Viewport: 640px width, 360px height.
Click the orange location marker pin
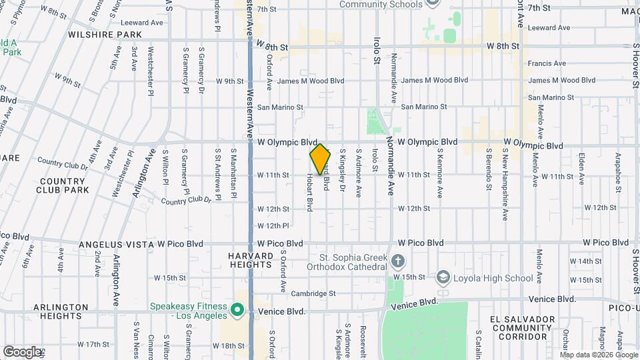point(320,159)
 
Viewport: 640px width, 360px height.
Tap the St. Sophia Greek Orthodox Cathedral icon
point(398,260)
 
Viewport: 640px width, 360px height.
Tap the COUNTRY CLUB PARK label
point(64,185)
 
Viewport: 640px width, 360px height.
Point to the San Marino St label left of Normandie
point(280,107)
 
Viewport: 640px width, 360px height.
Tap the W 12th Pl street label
point(273,226)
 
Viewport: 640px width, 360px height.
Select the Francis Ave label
point(547,64)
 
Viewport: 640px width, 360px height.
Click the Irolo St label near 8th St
point(377,50)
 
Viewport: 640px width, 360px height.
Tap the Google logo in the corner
point(21,351)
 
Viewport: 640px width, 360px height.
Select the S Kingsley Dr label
point(343,169)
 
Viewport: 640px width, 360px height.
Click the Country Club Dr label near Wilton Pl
point(185,200)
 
